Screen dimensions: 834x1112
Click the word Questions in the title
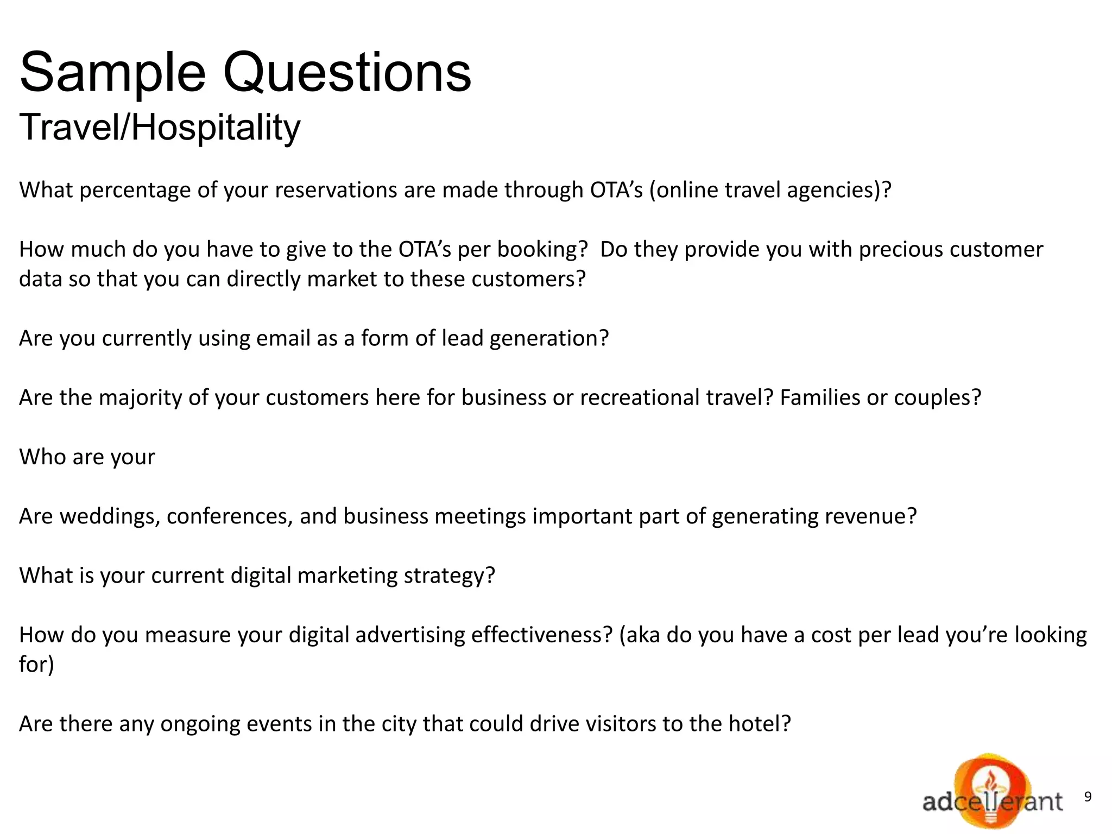[x=347, y=73]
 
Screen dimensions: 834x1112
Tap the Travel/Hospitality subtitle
[x=160, y=128]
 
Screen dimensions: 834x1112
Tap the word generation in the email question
[x=548, y=338]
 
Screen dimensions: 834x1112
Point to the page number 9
[x=1088, y=797]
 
